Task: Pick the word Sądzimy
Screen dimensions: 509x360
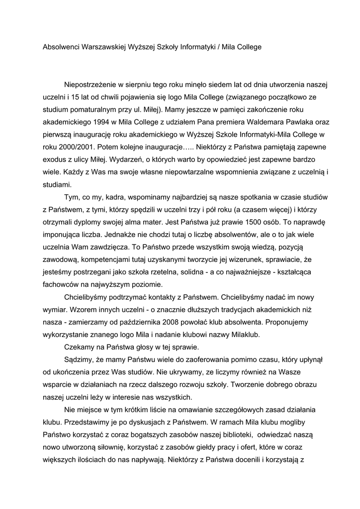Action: click(x=81, y=360)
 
